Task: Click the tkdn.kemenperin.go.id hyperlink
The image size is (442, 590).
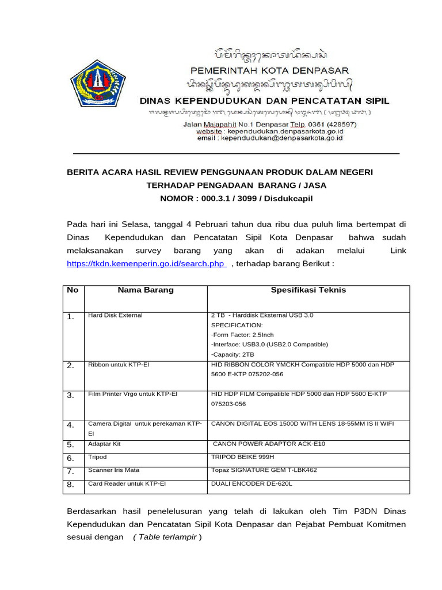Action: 145,263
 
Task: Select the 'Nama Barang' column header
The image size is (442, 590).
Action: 146,290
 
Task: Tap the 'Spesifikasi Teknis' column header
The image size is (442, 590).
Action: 308,290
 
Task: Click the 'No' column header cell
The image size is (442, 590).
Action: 73,290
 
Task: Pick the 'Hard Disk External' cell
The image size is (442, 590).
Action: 115,316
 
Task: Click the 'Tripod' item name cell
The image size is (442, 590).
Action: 97,457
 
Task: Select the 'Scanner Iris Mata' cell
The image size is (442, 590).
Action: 113,470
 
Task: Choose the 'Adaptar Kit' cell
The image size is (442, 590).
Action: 104,444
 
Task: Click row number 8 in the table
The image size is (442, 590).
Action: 71,485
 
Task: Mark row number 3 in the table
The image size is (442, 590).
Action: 71,395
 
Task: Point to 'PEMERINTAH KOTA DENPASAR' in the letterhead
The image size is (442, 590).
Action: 269,71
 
